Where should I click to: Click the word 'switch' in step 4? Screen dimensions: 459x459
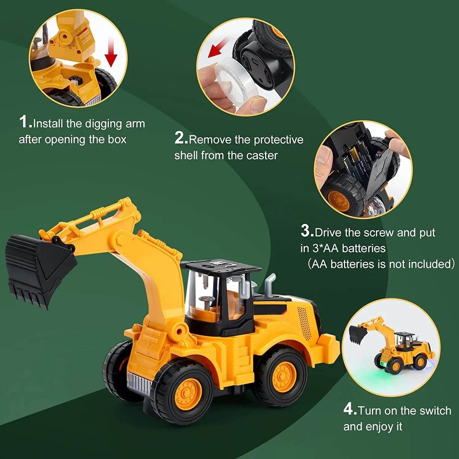tap(435, 411)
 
